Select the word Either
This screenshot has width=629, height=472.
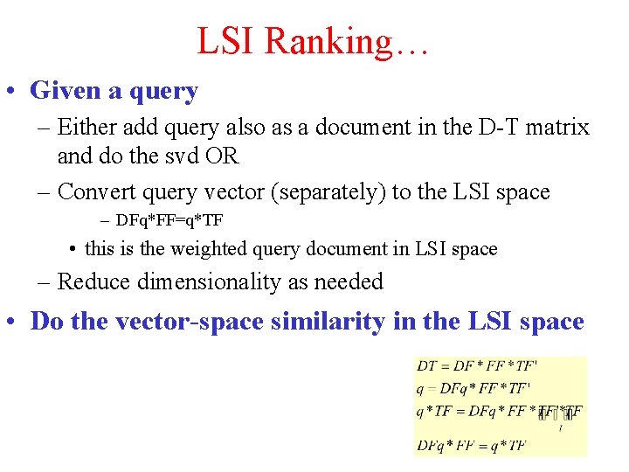click(x=88, y=128)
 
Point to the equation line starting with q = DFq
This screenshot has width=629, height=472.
click(x=473, y=387)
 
